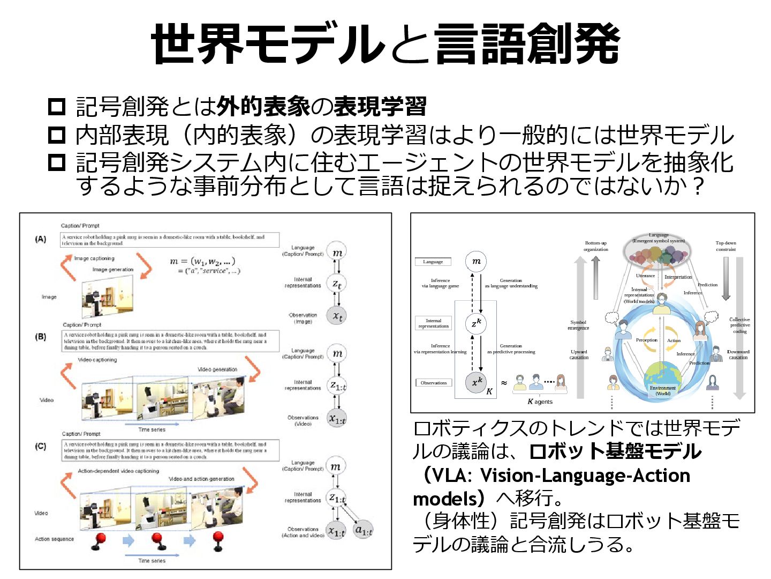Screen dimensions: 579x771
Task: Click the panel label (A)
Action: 41,239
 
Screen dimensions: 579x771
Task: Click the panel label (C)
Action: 41,446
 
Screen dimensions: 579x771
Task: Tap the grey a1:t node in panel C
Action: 364,530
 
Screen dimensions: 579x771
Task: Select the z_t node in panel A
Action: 337,284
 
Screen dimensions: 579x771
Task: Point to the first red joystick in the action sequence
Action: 99,541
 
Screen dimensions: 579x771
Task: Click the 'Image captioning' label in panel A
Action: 94,258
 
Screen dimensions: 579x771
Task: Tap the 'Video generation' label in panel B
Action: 217,369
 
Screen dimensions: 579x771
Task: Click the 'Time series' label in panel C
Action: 152,561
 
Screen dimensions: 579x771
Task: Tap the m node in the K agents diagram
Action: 476,261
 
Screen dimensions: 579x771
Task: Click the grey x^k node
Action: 475,382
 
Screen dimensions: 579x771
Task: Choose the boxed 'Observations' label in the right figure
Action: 433,383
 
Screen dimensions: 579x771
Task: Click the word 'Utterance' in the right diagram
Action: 645,276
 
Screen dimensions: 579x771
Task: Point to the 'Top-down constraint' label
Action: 725,246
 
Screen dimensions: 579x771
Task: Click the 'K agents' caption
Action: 540,402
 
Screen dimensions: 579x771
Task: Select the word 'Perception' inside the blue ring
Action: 646,340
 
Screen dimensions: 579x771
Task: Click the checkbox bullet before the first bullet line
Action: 57,107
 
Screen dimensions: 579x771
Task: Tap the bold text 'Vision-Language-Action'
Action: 585,476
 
